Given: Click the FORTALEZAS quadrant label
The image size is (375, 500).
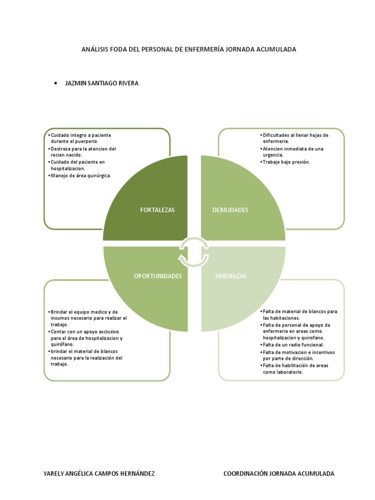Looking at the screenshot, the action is tap(158, 210).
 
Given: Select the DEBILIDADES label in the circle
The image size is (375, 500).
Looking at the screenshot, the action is tap(230, 210).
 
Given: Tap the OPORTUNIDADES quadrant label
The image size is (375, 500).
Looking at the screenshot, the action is tap(158, 276).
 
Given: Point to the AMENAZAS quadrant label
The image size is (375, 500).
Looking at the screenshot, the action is tap(230, 276).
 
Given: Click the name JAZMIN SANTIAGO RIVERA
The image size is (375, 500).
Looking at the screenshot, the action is tap(102, 83).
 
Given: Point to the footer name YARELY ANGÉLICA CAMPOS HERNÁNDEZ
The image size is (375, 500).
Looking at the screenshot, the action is tap(99, 474).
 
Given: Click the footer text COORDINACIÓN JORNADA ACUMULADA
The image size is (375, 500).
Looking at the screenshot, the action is tap(279, 474).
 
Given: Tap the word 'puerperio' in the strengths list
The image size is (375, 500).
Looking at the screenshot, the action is tap(86, 142).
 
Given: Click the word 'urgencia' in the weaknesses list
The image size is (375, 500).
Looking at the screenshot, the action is tap(273, 155).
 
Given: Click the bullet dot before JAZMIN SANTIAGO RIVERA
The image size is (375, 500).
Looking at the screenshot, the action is tap(56, 83).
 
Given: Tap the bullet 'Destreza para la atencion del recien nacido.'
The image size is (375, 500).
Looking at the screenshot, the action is tap(82, 152).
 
